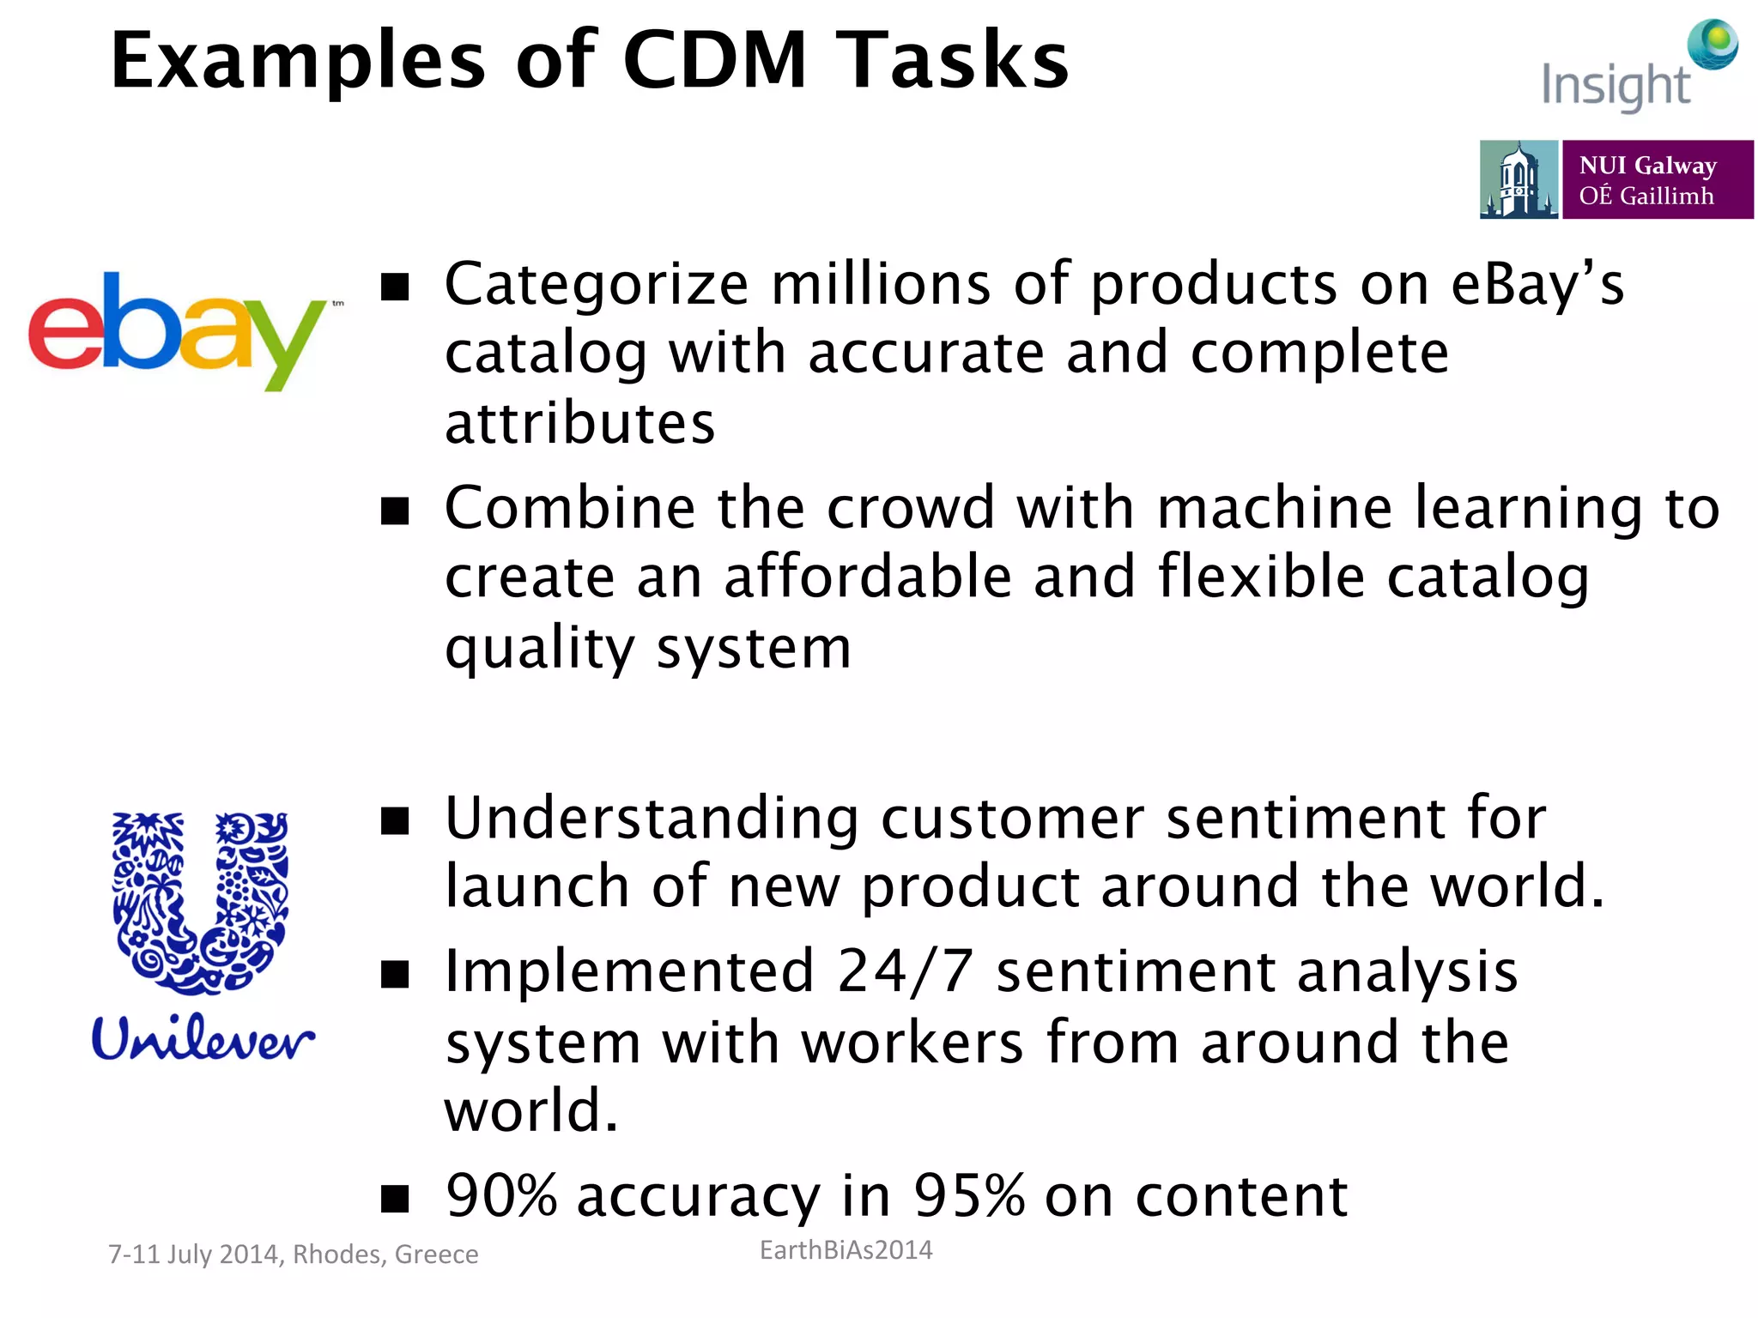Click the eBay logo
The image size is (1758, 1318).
176,330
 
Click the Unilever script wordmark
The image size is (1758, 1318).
203,1038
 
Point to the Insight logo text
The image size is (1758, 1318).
1616,86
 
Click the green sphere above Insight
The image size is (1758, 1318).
1713,43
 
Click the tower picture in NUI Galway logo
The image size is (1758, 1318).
1518,180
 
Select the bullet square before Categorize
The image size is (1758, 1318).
395,287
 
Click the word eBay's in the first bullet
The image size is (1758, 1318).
1537,285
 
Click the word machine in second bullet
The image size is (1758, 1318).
1275,508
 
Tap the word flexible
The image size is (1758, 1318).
1261,577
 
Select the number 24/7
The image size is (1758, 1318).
906,972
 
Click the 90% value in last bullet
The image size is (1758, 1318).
501,1195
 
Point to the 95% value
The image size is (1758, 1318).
968,1195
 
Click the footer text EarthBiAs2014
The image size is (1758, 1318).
846,1250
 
